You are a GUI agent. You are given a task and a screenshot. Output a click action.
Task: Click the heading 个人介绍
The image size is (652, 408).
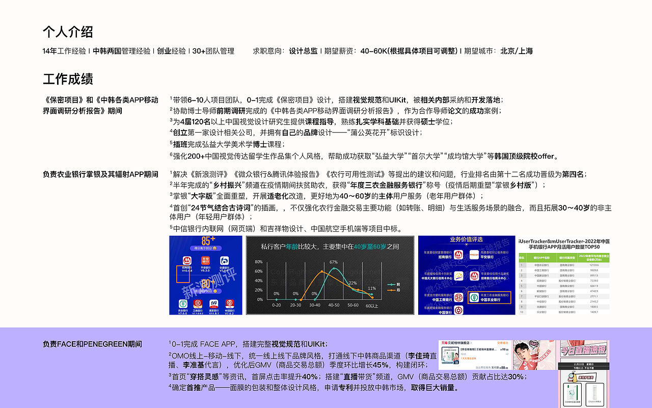(x=68, y=32)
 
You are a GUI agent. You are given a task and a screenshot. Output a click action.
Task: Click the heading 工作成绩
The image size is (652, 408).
(x=68, y=79)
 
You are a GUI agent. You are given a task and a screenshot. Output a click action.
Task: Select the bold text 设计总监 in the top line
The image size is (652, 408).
(x=303, y=51)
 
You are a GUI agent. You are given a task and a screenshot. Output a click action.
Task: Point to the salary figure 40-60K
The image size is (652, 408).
(x=373, y=51)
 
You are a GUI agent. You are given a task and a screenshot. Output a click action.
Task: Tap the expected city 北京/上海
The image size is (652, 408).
(x=517, y=51)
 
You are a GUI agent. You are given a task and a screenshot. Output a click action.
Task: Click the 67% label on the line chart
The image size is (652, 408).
(x=334, y=262)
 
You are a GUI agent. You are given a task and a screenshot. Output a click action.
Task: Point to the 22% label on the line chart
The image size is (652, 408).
(x=352, y=283)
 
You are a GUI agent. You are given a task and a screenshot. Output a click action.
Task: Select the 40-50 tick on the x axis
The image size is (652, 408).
(x=334, y=305)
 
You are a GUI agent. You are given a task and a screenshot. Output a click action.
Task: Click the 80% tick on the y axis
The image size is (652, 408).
(x=258, y=262)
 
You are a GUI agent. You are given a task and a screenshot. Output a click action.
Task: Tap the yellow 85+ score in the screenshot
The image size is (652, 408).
(x=208, y=240)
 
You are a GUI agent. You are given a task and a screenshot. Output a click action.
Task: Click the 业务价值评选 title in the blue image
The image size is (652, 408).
(x=466, y=239)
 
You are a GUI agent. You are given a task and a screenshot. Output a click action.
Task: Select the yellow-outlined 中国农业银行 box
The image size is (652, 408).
(x=488, y=297)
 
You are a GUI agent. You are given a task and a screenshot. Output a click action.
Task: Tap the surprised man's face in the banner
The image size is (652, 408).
(x=532, y=356)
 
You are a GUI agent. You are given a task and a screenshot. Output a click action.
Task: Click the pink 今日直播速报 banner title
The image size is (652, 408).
(x=584, y=349)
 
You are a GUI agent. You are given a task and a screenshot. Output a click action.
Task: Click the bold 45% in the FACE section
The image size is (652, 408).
(x=381, y=365)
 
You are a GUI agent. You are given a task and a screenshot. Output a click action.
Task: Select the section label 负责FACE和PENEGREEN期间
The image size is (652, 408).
(x=92, y=344)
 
